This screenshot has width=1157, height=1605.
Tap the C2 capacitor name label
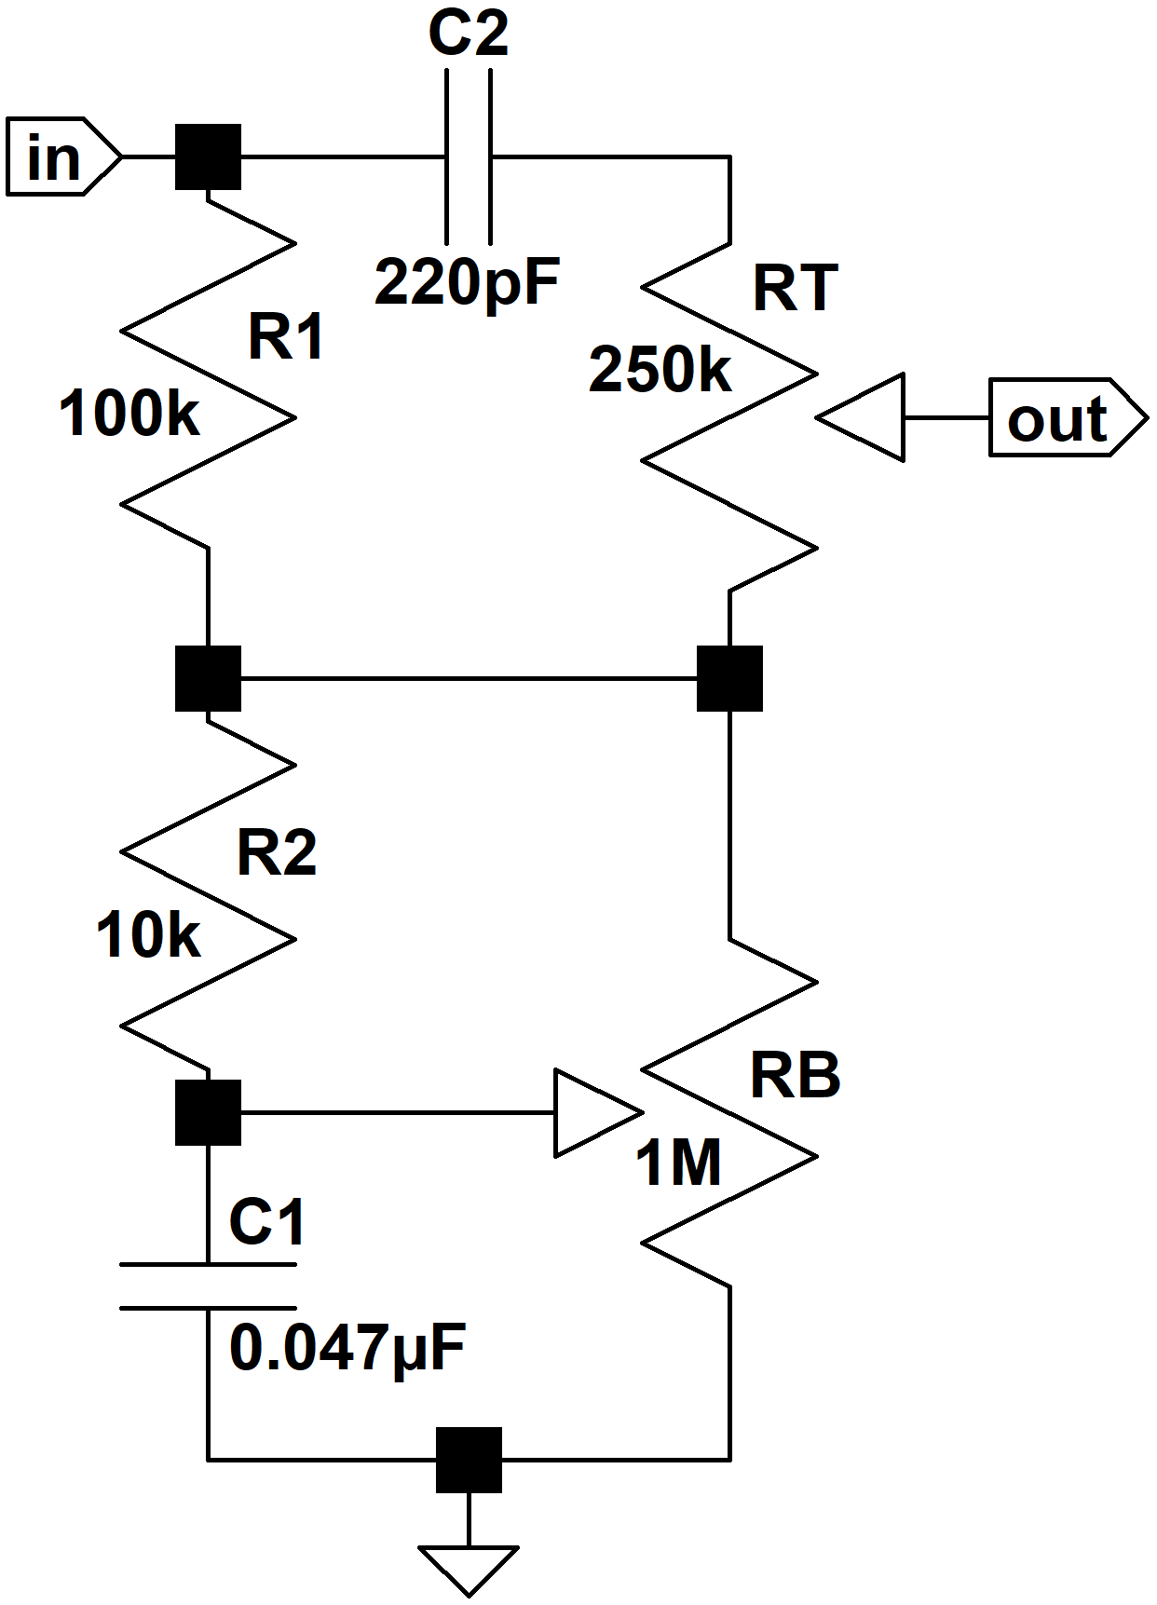click(x=469, y=33)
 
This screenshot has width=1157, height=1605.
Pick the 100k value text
click(x=129, y=414)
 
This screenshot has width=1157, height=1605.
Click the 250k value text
click(x=660, y=369)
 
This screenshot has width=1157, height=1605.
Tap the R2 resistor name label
click(x=278, y=852)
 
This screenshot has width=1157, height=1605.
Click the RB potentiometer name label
click(x=796, y=1076)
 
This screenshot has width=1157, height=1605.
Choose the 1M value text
click(x=678, y=1163)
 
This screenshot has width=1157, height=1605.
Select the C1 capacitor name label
click(x=267, y=1222)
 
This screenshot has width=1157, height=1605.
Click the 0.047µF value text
click(x=347, y=1349)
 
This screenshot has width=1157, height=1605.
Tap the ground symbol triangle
click(x=469, y=1571)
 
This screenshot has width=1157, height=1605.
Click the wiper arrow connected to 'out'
click(x=861, y=417)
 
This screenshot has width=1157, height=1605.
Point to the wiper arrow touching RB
click(x=599, y=1112)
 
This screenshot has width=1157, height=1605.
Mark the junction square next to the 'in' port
click(x=209, y=156)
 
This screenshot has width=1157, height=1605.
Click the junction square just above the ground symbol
click(x=469, y=1460)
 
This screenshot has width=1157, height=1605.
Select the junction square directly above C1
click(x=209, y=1112)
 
